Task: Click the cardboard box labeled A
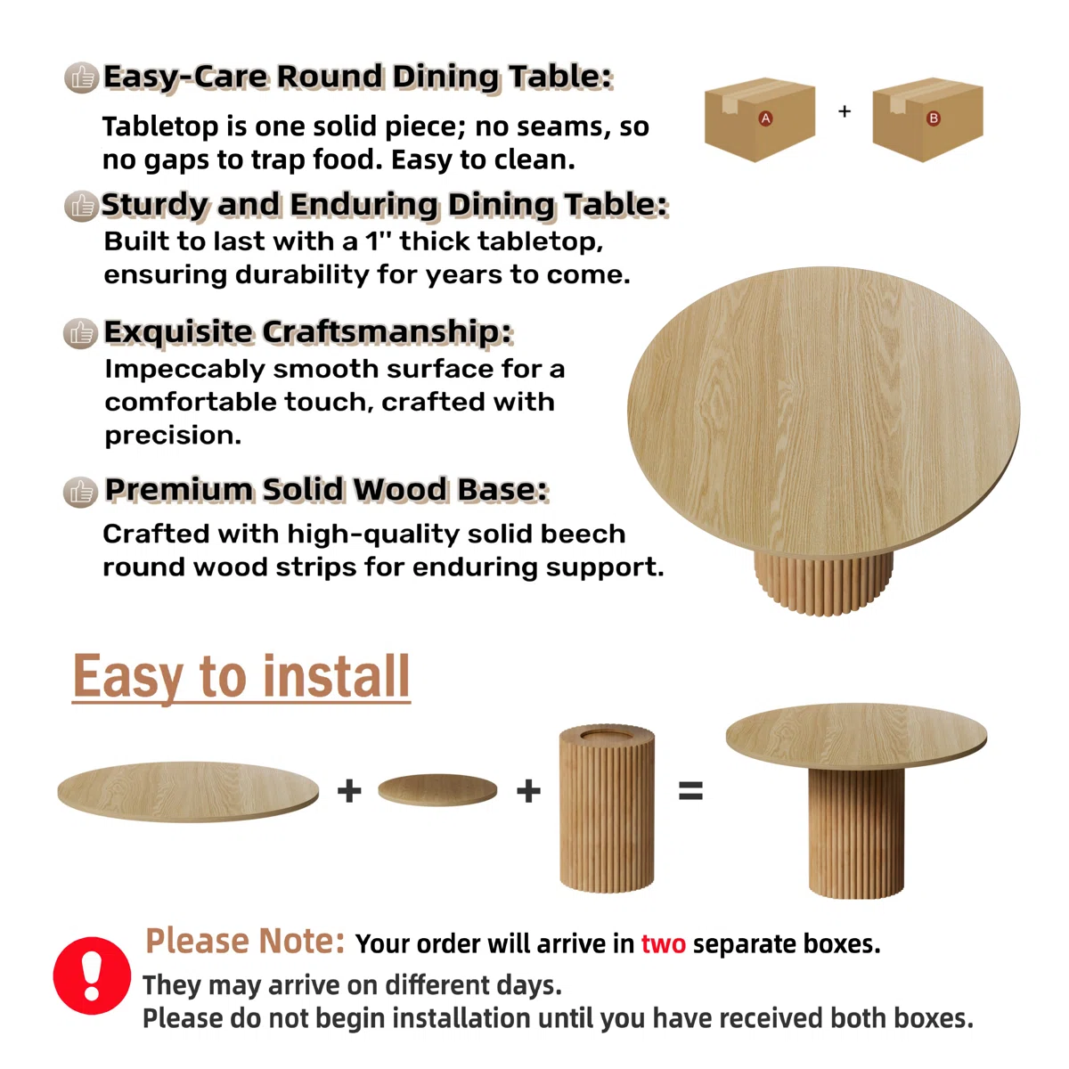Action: point(760,119)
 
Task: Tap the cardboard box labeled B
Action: point(927,119)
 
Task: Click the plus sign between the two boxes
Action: point(845,111)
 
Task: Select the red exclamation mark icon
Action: point(92,975)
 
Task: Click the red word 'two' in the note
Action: point(664,943)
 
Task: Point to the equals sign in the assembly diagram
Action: point(690,790)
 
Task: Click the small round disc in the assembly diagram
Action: point(437,790)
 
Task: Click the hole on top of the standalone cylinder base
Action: point(607,736)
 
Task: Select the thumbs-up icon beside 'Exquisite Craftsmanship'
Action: point(81,333)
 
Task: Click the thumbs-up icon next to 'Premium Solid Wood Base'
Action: point(81,492)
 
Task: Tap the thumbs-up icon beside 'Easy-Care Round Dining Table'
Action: point(82,78)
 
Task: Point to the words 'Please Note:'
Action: point(245,942)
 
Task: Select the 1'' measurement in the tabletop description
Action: point(379,241)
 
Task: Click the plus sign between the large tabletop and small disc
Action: point(349,790)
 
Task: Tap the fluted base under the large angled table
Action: point(823,583)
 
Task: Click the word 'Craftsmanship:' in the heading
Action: point(387,333)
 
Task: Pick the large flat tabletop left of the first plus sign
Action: point(188,792)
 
